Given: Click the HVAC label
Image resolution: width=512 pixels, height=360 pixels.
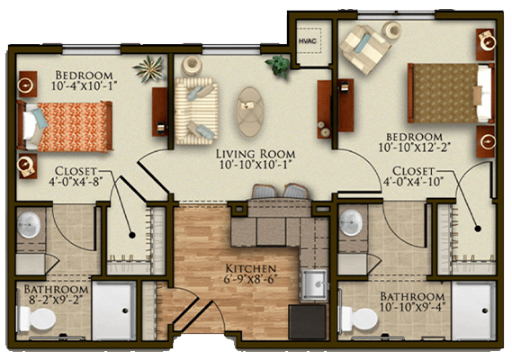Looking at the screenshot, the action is (307, 40).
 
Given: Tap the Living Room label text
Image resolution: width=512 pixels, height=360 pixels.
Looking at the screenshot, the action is (256, 154).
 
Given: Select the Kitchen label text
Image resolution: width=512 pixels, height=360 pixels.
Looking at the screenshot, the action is (251, 268).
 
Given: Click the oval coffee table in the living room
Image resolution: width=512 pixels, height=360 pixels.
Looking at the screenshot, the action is (250, 112).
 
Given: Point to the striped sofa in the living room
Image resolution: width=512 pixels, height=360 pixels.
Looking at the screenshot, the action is (196, 111).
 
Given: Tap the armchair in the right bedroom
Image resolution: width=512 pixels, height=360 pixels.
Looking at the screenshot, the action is (364, 49).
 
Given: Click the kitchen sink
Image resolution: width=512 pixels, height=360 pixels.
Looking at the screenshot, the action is (314, 285).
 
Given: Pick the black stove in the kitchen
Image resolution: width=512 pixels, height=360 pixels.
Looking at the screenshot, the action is (307, 322).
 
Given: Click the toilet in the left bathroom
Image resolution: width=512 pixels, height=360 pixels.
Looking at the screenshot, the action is (38, 319).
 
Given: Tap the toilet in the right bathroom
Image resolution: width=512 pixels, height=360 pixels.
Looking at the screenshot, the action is (359, 319).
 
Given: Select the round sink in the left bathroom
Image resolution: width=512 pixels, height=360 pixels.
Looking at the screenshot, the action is (29, 224).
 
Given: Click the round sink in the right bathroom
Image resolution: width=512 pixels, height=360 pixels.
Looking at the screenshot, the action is (351, 222).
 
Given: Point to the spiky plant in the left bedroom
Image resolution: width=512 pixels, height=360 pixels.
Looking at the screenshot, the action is (148, 68).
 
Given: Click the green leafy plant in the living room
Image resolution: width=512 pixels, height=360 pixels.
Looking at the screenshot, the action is (278, 66).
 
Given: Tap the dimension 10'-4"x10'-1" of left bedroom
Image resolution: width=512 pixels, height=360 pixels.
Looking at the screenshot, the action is (84, 85).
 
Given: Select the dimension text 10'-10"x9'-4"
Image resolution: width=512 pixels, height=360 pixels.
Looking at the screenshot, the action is (413, 307).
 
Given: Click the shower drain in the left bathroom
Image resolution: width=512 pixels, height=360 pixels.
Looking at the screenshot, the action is (125, 310).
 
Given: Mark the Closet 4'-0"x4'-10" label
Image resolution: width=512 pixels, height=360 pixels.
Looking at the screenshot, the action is (413, 175).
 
